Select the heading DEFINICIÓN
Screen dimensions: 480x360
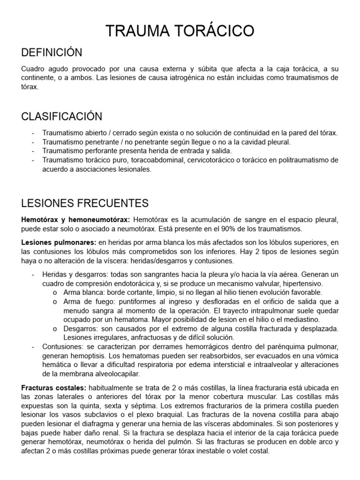pyautogui.click(x=52, y=52)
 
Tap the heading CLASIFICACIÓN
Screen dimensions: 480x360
pyautogui.click(x=61, y=116)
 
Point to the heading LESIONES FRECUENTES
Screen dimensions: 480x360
pyautogui.click(x=85, y=203)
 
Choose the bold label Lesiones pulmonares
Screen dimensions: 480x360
pyautogui.click(x=59, y=242)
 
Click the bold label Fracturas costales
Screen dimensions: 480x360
pyautogui.click(x=53, y=388)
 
